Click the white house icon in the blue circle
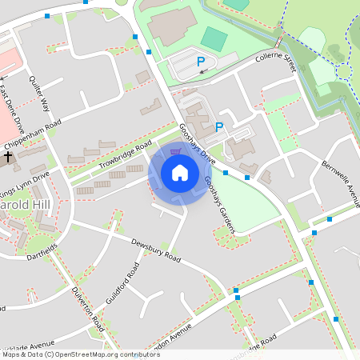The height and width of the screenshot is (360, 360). [180, 173]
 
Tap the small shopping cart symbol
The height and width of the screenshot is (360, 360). [176, 151]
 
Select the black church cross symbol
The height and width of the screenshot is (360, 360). [6, 158]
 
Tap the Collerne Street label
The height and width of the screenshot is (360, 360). [276, 65]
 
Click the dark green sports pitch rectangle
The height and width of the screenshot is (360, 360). [214, 38]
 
